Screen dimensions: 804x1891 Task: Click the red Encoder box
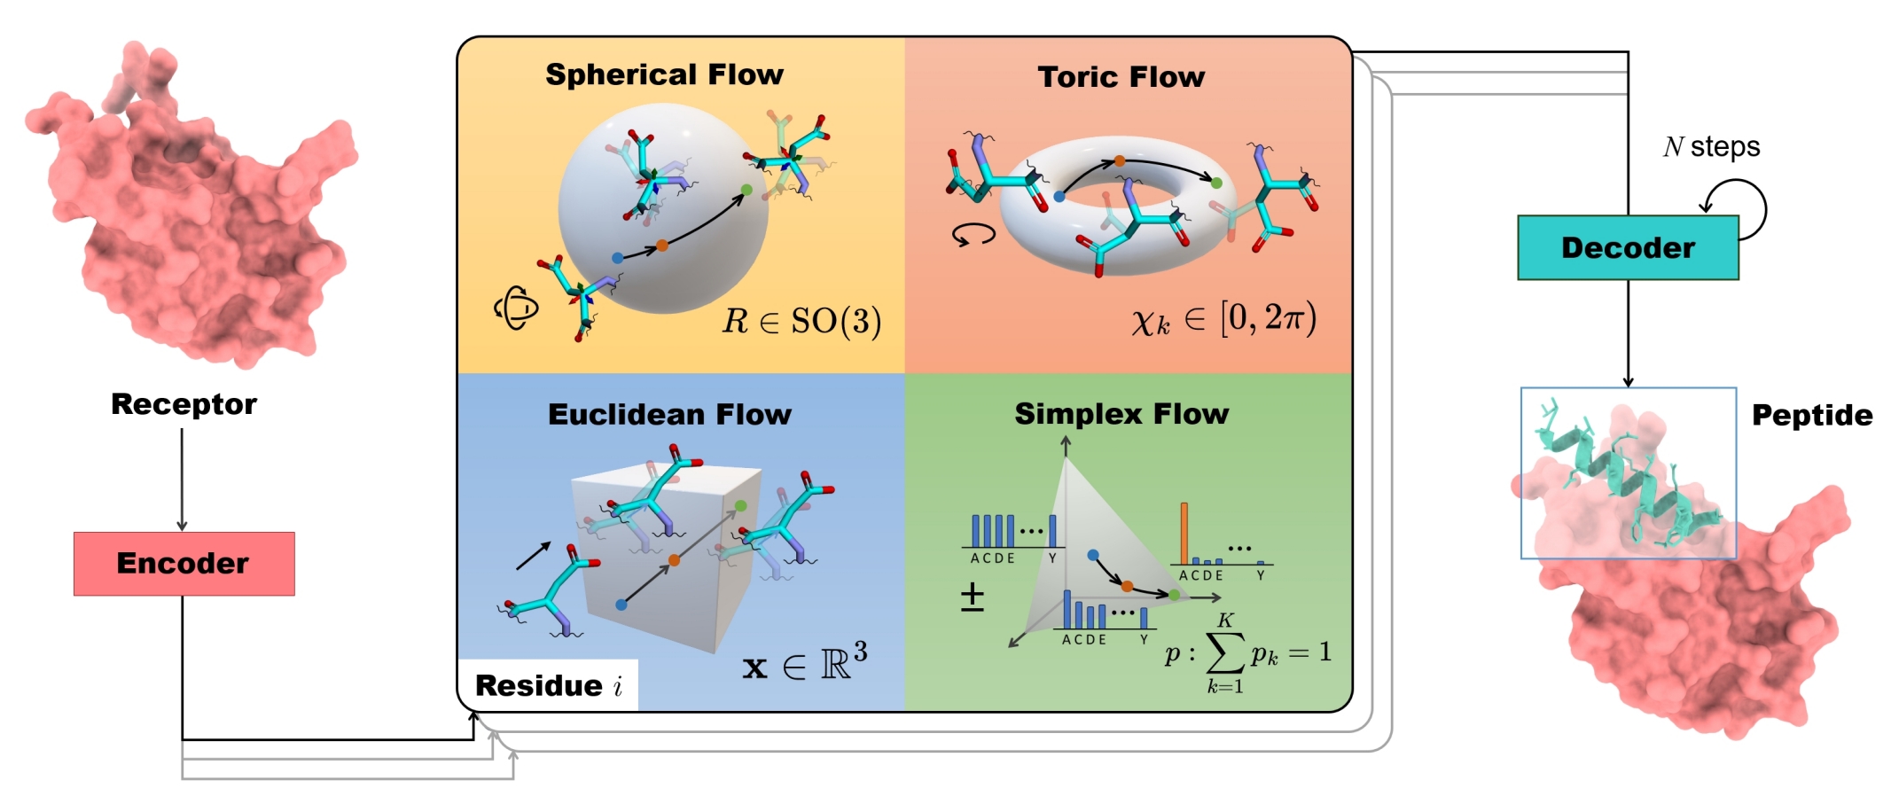click(x=184, y=564)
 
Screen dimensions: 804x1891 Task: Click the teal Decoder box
click(x=1628, y=248)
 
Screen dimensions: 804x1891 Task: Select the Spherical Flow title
click(x=664, y=74)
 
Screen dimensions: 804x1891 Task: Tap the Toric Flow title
click(x=1121, y=77)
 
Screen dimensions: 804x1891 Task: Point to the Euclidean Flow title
click(x=669, y=415)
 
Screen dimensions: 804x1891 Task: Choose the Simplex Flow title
click(x=1121, y=414)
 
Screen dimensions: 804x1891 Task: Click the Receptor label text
click(x=184, y=404)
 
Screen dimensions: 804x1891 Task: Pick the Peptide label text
click(x=1812, y=415)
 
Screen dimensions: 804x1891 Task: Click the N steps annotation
click(x=1711, y=146)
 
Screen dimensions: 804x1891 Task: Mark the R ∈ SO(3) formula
click(x=801, y=321)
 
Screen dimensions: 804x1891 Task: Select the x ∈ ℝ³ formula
click(x=804, y=662)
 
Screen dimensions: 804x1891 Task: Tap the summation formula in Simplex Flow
click(x=1246, y=654)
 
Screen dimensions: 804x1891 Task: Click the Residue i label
click(x=549, y=685)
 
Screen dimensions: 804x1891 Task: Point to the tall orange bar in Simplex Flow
click(x=1184, y=532)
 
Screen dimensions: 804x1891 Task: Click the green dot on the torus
click(x=1216, y=183)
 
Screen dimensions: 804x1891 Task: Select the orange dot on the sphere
click(x=661, y=246)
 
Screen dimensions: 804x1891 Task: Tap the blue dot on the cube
click(x=621, y=605)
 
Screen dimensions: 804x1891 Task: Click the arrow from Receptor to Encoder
click(x=182, y=479)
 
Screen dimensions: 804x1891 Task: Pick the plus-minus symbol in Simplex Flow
click(x=973, y=597)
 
